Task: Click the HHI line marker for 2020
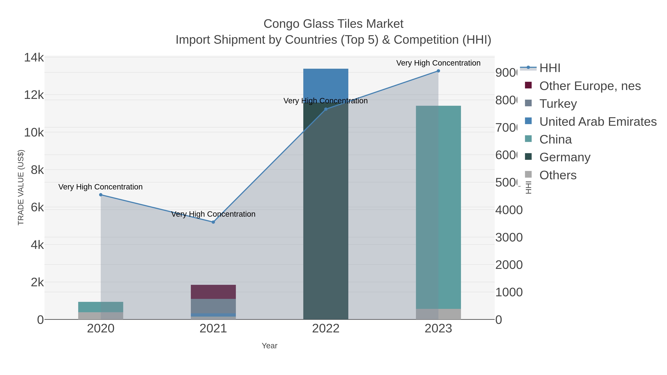[101, 195]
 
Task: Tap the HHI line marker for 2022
[326, 109]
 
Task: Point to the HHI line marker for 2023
[438, 71]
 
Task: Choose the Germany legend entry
[565, 157]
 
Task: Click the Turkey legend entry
[558, 104]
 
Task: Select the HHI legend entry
[550, 68]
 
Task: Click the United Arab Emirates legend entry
[598, 122]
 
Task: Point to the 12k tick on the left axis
[34, 95]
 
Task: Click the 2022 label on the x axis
[326, 329]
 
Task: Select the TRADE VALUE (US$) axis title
[21, 187]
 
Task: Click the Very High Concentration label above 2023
[438, 63]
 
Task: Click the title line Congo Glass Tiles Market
[333, 24]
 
